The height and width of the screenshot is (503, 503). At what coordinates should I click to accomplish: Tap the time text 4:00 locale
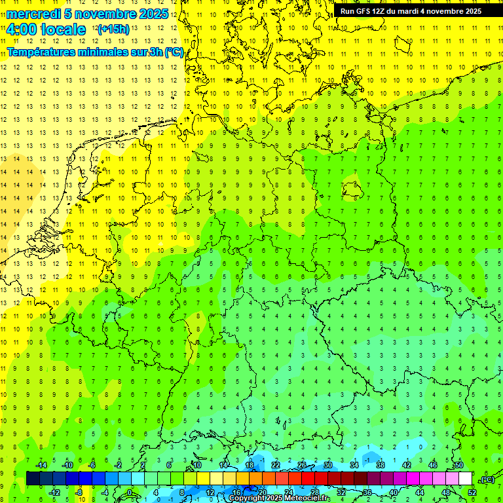pyautogui.click(x=46, y=29)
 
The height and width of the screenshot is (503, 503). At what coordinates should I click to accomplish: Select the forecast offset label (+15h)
pyautogui.click(x=113, y=29)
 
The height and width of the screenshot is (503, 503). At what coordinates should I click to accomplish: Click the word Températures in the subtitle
pyautogui.click(x=43, y=52)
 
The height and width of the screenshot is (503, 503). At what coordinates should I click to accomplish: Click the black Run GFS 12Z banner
pyautogui.click(x=411, y=11)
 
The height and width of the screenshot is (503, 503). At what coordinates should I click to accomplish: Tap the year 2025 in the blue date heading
pyautogui.click(x=154, y=14)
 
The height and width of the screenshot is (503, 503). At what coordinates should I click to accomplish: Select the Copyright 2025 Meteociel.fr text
pyautogui.click(x=279, y=498)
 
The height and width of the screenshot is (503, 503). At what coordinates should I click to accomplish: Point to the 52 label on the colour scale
pyautogui.click(x=472, y=492)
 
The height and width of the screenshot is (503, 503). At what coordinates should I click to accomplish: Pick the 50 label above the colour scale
pyautogui.click(x=458, y=465)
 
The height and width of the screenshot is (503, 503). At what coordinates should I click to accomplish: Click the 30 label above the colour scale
pyautogui.click(x=327, y=465)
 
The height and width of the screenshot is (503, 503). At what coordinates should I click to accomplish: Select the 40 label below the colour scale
pyautogui.click(x=393, y=492)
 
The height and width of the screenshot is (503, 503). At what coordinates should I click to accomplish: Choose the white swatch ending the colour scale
pyautogui.click(x=465, y=479)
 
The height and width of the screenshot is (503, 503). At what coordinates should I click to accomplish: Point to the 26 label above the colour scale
pyautogui.click(x=301, y=465)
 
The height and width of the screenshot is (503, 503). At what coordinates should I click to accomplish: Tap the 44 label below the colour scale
pyautogui.click(x=419, y=492)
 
